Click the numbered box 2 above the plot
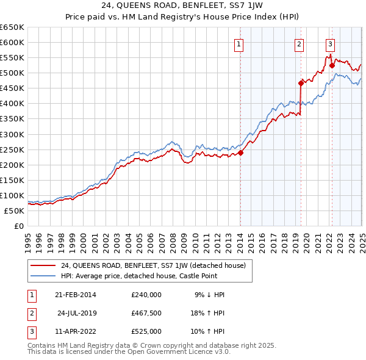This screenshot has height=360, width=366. [x=300, y=44]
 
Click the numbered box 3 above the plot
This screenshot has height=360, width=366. [x=330, y=44]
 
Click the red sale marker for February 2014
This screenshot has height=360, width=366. [x=241, y=153]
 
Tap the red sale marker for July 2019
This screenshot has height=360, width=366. [x=301, y=83]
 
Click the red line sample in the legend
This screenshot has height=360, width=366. [x=43, y=265]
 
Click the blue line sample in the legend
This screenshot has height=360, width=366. [x=43, y=276]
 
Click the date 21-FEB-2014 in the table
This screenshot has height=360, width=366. [x=75, y=294]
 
